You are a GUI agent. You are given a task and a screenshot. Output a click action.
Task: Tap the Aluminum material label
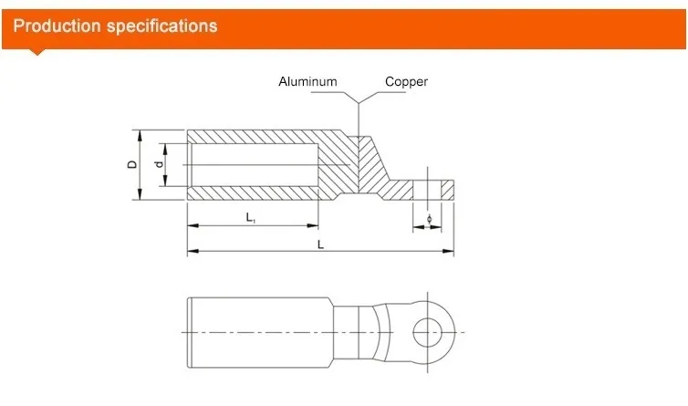tap(308, 82)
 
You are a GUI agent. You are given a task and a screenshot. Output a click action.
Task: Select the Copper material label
tap(406, 82)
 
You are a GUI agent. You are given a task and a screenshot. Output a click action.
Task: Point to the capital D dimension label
tap(131, 165)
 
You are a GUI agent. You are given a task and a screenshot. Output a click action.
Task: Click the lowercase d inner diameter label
tap(158, 165)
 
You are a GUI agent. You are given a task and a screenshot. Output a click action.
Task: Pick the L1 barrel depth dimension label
tap(250, 217)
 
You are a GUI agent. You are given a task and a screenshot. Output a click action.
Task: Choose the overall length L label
tap(318, 244)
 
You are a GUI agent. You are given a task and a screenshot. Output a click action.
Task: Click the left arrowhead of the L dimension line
tap(191, 252)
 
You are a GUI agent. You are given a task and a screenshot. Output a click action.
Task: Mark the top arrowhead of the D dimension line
tap(140, 133)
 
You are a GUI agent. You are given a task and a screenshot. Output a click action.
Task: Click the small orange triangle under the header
tap(36, 51)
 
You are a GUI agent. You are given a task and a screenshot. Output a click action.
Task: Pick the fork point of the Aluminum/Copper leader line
tap(360, 99)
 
